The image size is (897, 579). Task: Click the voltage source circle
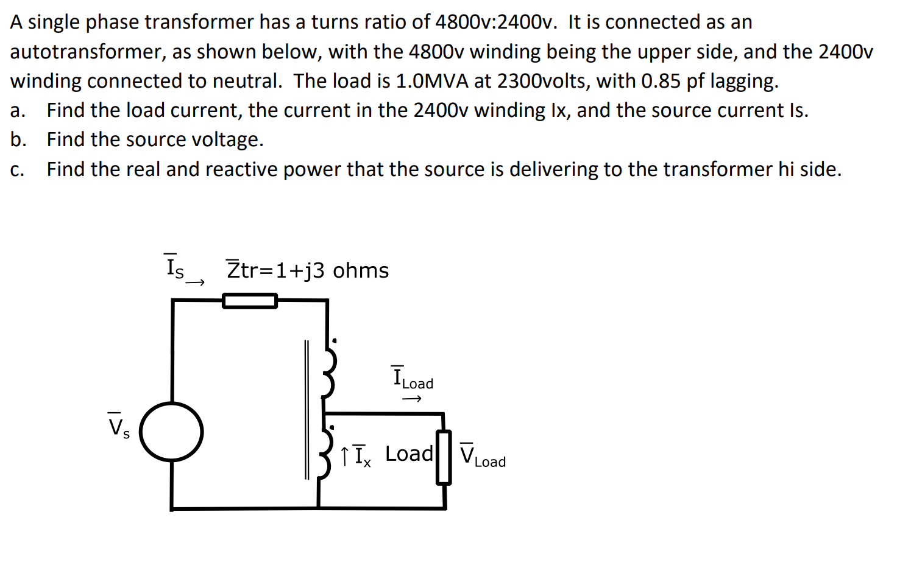click(x=171, y=432)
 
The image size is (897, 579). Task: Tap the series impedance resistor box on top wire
click(x=250, y=301)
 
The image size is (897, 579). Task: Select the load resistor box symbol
click(x=444, y=457)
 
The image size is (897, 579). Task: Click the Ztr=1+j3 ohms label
click(x=308, y=270)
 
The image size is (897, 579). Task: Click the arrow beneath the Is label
click(x=196, y=282)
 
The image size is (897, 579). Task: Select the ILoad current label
click(x=413, y=378)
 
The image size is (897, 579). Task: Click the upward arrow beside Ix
click(x=345, y=456)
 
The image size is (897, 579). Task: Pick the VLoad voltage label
click(x=483, y=455)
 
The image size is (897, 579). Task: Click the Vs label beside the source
click(x=118, y=426)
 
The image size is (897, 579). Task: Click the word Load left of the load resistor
click(x=409, y=454)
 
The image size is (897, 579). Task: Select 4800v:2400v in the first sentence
click(x=496, y=22)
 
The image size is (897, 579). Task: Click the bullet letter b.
click(x=18, y=139)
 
